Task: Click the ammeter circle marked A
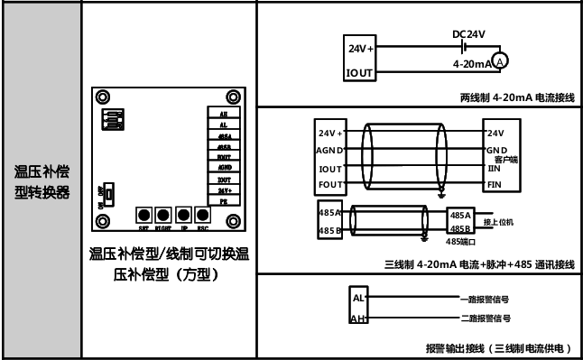tap(502, 60)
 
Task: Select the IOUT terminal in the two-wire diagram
tap(361, 70)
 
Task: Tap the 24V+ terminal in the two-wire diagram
tap(361, 48)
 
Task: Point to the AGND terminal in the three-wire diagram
tap(329, 150)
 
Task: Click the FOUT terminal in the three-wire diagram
tap(329, 184)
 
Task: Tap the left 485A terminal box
tap(329, 214)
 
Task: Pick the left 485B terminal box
tap(329, 231)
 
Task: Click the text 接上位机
tap(503, 222)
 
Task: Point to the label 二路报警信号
tap(486, 318)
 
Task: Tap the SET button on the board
tap(143, 215)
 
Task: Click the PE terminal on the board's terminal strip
tap(224, 203)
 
